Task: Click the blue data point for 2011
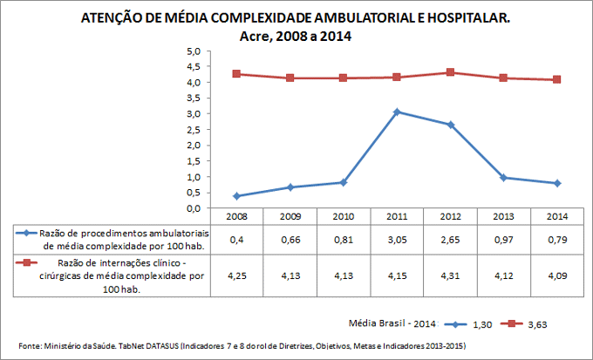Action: coord(397,112)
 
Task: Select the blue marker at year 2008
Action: coord(237,196)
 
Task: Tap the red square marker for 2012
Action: coord(450,72)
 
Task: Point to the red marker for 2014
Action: coord(557,79)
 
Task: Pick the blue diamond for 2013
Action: coord(504,178)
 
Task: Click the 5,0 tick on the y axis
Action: coord(194,51)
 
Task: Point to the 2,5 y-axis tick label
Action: coord(194,130)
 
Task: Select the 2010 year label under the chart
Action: coord(344,215)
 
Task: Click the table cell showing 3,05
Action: coord(397,240)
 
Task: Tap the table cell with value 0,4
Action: coord(237,240)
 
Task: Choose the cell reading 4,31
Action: coord(450,275)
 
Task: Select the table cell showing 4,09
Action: coord(557,275)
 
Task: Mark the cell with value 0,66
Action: coord(290,240)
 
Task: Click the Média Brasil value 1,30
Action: coord(483,323)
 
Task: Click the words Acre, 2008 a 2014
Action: coord(296,36)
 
